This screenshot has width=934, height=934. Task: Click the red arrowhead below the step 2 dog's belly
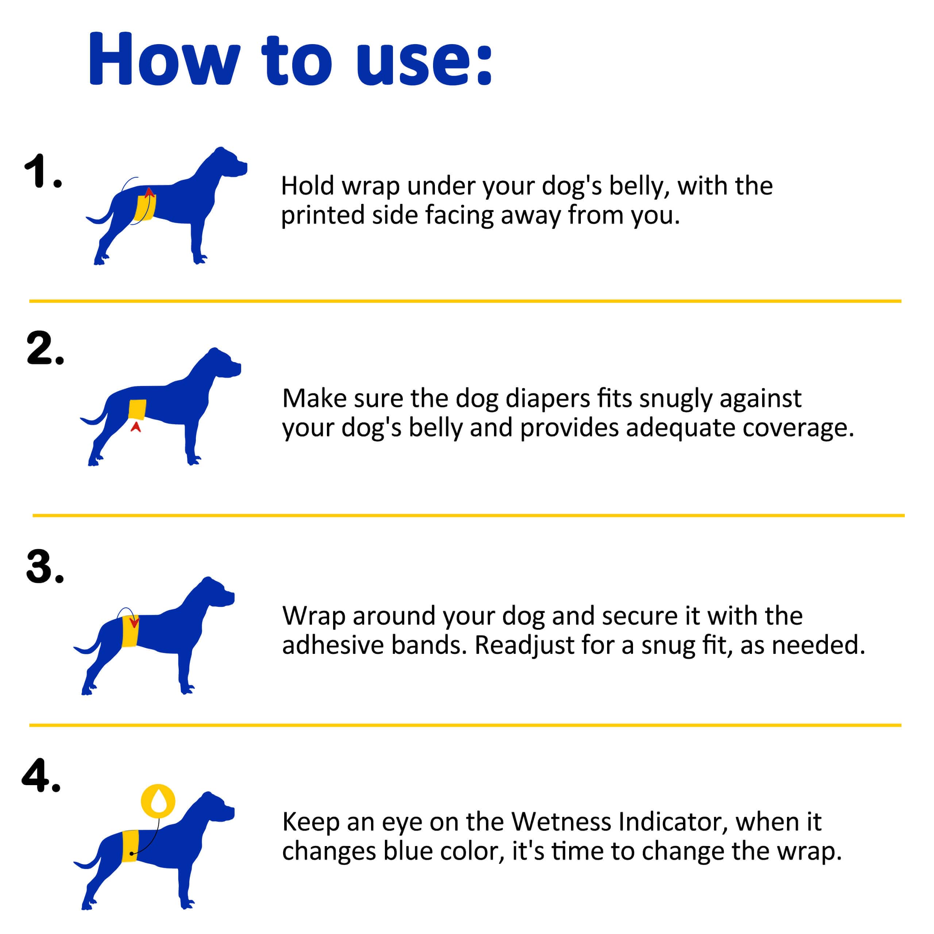coord(136,427)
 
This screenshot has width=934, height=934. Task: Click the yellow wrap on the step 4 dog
coord(130,846)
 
